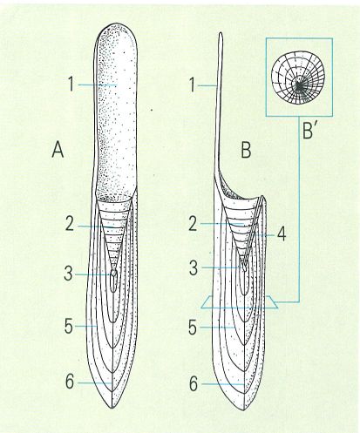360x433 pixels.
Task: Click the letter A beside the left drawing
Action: coord(58,151)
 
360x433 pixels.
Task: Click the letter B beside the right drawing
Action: coord(246,151)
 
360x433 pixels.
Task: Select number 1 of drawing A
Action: coord(71,85)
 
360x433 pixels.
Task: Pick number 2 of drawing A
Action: coord(70,224)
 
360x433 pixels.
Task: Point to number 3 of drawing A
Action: coord(68,274)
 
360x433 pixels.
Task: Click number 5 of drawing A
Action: coord(69,326)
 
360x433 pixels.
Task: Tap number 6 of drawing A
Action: coord(70,382)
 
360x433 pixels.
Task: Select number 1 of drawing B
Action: coord(192,85)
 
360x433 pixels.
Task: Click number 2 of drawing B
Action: coord(194,224)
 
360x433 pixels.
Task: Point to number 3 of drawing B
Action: coord(194,268)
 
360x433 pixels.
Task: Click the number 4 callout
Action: coord(282,234)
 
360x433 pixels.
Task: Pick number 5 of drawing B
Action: coord(193,328)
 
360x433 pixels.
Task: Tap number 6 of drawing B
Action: coord(194,384)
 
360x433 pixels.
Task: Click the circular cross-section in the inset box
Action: coord(298,78)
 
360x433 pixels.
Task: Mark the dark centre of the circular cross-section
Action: coord(298,85)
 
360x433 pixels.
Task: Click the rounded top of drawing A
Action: coord(117,25)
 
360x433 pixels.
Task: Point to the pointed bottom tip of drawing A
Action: coord(112,409)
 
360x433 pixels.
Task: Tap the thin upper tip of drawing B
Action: coord(221,33)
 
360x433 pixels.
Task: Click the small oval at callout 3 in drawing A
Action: coord(114,273)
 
